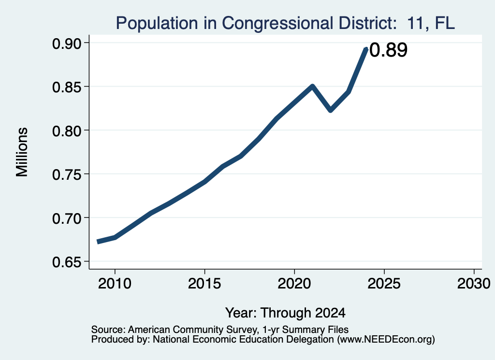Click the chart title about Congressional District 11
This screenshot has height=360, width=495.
[285, 23]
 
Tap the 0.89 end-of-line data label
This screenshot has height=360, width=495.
[388, 50]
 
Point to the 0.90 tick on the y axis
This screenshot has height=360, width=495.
[66, 43]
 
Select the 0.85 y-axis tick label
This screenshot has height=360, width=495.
[66, 87]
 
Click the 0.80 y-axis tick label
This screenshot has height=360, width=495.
[66, 130]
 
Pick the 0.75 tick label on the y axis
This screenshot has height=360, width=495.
[66, 174]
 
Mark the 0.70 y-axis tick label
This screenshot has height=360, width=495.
[66, 218]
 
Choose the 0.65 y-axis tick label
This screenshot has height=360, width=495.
[66, 262]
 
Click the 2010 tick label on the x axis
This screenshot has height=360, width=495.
[115, 284]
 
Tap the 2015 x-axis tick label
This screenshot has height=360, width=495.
[204, 284]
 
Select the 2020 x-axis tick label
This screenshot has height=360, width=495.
[294, 284]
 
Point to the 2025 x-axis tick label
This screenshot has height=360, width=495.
[384, 284]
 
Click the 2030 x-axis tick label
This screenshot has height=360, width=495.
[474, 284]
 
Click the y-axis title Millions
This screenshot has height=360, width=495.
[22, 152]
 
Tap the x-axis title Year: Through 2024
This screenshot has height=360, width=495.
[285, 313]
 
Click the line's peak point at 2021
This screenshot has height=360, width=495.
[312, 86]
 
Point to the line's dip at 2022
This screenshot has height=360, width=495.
[331, 110]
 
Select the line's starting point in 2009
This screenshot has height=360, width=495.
[98, 242]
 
